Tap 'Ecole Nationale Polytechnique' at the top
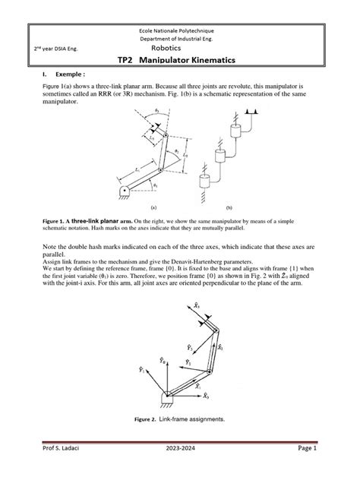pyautogui.click(x=179, y=29)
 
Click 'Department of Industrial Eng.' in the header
pyautogui.click(x=179, y=37)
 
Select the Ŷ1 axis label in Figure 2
pyautogui.click(x=143, y=371)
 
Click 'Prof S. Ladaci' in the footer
pyautogui.click(x=54, y=469)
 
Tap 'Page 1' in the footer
pyautogui.click(x=316, y=469)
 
